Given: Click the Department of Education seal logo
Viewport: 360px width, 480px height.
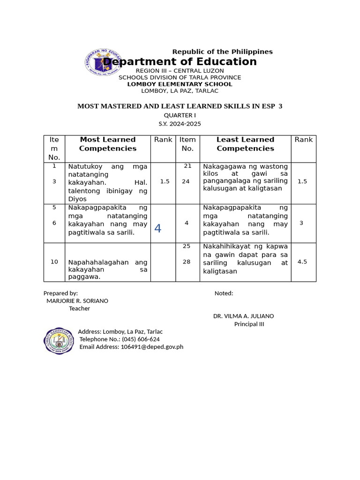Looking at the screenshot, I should point(102,63).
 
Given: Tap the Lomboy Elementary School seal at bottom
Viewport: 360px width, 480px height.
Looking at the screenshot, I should point(59,341).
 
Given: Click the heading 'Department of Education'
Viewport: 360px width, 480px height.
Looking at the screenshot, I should point(180,62).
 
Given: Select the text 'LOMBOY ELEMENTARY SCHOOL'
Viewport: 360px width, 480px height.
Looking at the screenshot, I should point(180,84).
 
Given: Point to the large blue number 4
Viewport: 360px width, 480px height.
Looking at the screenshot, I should point(157,228).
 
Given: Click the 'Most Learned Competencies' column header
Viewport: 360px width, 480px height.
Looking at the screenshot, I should point(108,144).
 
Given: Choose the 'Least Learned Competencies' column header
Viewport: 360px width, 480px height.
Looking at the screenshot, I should point(245,144).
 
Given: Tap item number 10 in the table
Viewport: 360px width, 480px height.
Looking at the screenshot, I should point(54,262).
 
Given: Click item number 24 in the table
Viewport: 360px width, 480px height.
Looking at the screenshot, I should point(186,181).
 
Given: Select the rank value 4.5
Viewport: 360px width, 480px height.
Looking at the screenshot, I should point(302,262).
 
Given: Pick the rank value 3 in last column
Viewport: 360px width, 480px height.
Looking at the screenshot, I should point(301,223).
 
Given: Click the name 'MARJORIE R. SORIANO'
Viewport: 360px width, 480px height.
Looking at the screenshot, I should point(77,301).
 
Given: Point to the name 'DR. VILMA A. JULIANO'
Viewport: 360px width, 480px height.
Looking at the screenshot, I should point(244,316).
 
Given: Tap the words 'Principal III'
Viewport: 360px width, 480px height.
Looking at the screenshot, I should point(249,324).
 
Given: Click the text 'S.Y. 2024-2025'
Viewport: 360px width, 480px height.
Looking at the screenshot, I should point(180,124).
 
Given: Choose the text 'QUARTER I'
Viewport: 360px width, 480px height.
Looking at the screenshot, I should point(180,115).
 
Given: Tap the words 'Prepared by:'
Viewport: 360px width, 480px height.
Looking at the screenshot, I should point(60,293).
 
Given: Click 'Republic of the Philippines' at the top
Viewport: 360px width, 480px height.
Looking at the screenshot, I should point(222,52).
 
